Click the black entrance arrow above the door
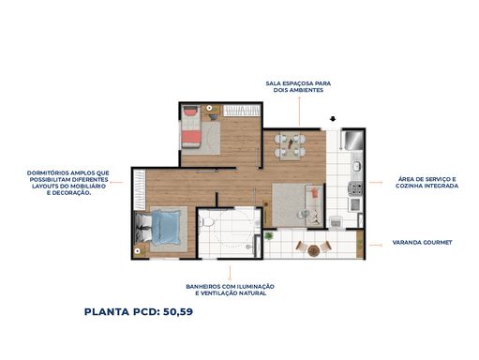pyautogui.click(x=333, y=119)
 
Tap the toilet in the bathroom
pyautogui.click(x=206, y=222)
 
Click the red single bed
pyautogui.click(x=191, y=127)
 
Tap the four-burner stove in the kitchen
pyautogui.click(x=355, y=188)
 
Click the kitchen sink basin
pyautogui.click(x=356, y=166)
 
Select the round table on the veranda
pyautogui.click(x=313, y=250)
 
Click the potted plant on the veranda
pyautogui.click(x=268, y=236)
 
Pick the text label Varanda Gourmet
pyautogui.click(x=422, y=242)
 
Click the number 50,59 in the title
pyautogui.click(x=178, y=311)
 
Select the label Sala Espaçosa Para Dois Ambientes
pyautogui.click(x=298, y=86)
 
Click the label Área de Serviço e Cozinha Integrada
pyautogui.click(x=427, y=183)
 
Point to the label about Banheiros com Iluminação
pyautogui.click(x=231, y=290)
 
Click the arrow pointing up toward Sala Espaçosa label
pyautogui.click(x=299, y=111)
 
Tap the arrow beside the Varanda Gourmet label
pyautogui.click(x=376, y=245)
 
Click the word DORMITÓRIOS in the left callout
pyautogui.click(x=48, y=172)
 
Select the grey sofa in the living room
pyautogui.click(x=314, y=205)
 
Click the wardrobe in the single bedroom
pyautogui.click(x=242, y=111)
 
